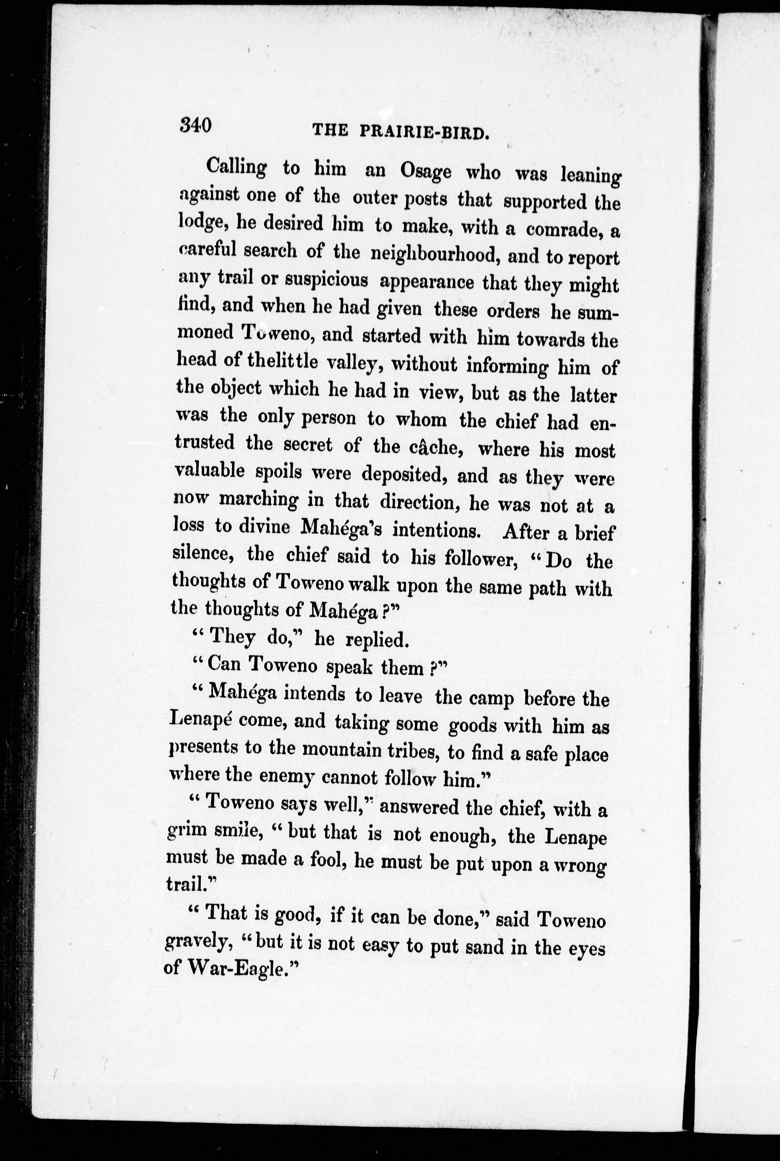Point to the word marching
click(x=259, y=499)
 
